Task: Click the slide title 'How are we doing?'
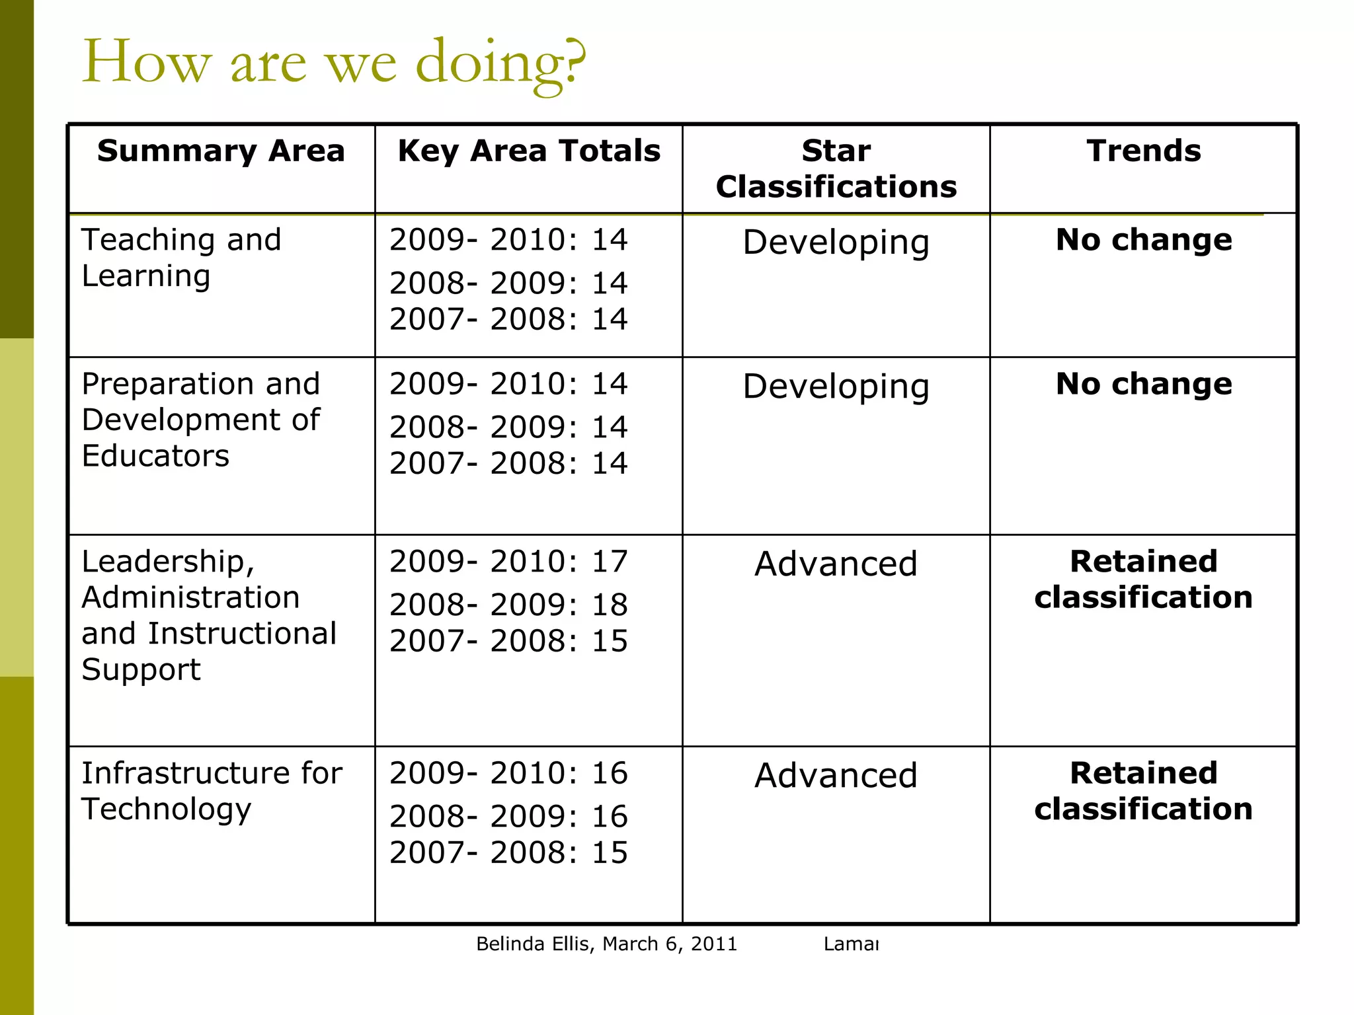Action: pos(334,63)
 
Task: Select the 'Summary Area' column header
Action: pos(221,151)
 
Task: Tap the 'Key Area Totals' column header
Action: pos(529,151)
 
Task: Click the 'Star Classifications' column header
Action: pos(836,169)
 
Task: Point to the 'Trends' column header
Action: pos(1144,151)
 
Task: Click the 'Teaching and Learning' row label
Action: pos(181,258)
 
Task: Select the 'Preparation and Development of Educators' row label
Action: pos(201,420)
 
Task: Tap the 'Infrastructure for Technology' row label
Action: pos(212,791)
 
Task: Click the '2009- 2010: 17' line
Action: pos(508,562)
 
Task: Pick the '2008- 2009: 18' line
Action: pos(508,605)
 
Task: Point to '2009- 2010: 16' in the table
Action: pos(508,773)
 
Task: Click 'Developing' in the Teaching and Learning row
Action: pos(836,243)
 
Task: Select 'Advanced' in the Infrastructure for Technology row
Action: pos(836,776)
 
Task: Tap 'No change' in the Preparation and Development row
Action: pos(1144,384)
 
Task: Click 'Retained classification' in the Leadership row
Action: pos(1144,580)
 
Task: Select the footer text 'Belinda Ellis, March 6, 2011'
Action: pos(606,944)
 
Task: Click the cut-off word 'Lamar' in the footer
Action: pos(851,944)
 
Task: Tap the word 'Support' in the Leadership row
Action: pos(141,670)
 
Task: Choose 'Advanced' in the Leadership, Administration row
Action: pos(836,564)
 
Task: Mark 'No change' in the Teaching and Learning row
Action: pos(1144,240)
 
